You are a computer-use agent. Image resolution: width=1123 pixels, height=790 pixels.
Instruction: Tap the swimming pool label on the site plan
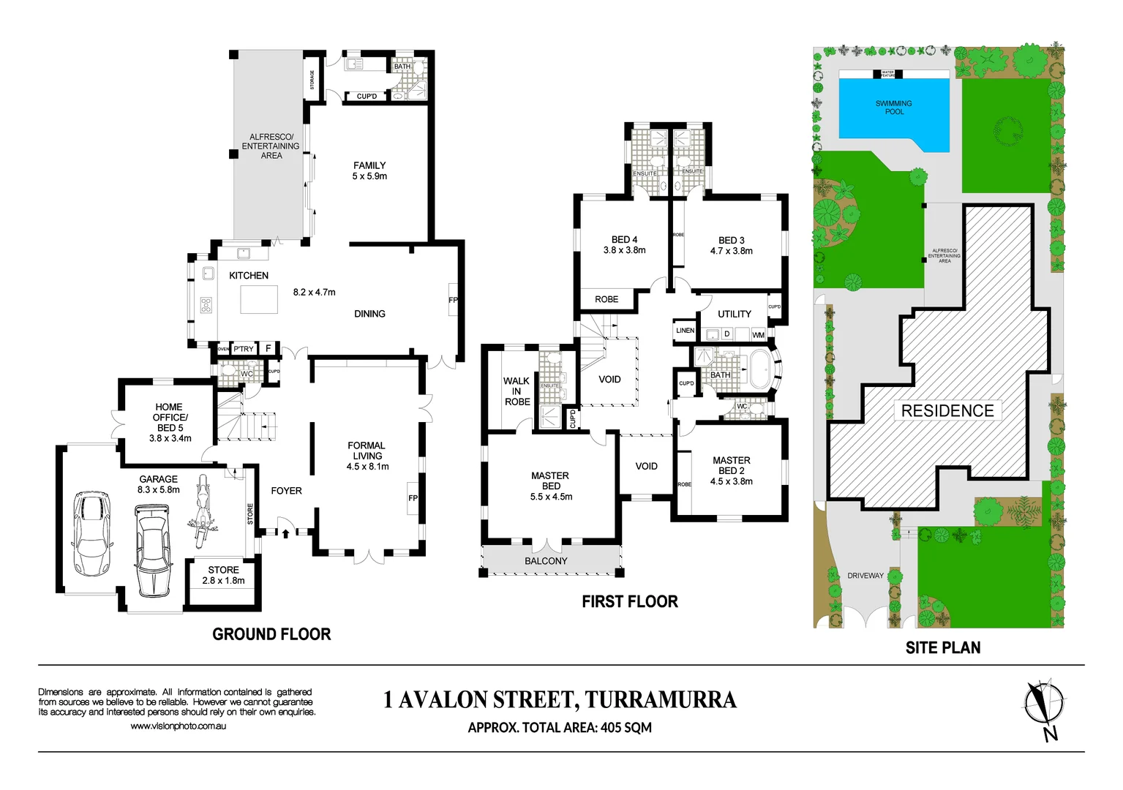tap(893, 108)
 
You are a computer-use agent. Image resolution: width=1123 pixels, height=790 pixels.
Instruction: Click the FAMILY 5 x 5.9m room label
tap(369, 170)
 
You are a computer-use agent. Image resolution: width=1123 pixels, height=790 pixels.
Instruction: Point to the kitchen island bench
tap(259, 299)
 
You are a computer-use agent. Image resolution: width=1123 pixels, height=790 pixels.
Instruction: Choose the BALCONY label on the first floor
tap(546, 561)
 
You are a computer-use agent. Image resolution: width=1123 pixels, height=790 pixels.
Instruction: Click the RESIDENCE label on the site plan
tap(947, 411)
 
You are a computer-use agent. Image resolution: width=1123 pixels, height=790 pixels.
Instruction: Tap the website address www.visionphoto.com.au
tap(178, 726)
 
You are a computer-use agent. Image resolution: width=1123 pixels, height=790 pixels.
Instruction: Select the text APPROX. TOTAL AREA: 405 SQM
tap(560, 728)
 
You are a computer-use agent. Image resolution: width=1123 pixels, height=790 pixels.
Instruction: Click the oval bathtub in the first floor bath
tap(762, 369)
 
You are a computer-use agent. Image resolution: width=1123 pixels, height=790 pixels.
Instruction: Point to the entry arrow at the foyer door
tap(285, 533)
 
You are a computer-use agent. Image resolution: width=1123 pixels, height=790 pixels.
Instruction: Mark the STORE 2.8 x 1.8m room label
tap(223, 575)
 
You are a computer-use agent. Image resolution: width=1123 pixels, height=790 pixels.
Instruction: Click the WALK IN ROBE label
tap(517, 391)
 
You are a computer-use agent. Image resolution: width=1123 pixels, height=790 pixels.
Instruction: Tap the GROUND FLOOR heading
tap(271, 634)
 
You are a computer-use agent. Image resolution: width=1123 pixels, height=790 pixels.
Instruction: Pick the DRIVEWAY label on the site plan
tap(865, 576)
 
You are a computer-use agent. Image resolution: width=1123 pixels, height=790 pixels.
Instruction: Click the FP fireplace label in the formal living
tap(413, 498)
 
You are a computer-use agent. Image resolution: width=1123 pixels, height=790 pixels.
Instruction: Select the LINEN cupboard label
tap(685, 331)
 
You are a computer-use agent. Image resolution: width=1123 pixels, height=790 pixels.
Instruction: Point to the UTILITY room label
tap(734, 314)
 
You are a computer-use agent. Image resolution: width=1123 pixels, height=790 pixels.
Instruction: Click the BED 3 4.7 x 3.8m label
tap(731, 245)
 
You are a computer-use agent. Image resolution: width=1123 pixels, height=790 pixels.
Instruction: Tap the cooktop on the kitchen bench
tap(206, 304)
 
